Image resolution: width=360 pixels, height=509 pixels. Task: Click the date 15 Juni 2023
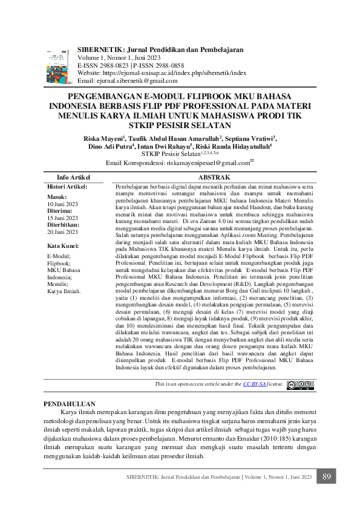tap(62, 218)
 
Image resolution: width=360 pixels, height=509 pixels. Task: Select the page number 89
tap(327, 478)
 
